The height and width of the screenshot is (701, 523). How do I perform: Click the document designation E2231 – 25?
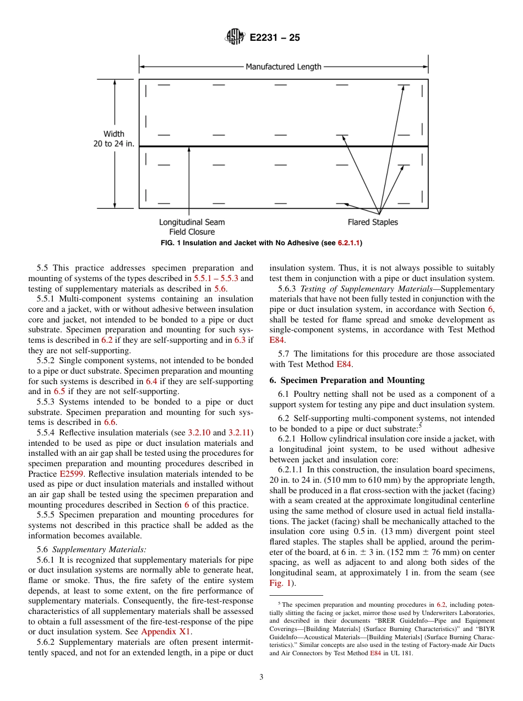coord(275,38)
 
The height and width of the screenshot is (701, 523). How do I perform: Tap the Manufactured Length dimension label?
coord(283,67)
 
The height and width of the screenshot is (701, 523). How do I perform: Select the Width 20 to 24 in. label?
coord(114,138)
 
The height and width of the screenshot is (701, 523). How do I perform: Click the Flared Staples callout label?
coord(372,222)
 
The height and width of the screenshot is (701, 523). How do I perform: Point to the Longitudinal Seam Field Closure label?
coord(192,227)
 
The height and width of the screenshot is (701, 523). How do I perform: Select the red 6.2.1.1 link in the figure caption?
coord(348,242)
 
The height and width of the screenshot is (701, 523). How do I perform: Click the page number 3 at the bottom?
coord(261,677)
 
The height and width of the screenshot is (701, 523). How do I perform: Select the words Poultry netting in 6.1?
coord(320,394)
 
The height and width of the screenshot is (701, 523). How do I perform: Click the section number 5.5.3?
coord(48,402)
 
